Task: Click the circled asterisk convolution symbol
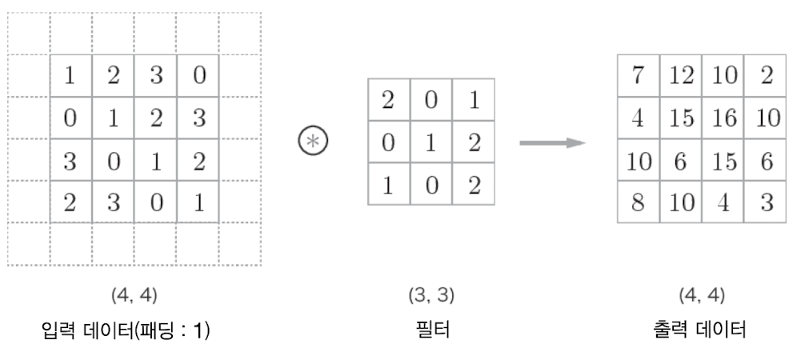point(313,141)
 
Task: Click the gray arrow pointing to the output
point(552,143)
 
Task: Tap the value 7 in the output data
point(638,75)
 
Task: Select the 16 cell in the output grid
point(723,118)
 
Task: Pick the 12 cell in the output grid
point(681,75)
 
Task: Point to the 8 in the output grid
point(638,202)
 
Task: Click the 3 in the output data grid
point(767,202)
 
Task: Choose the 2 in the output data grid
point(767,75)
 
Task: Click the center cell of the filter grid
point(431,142)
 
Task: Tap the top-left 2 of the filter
point(388,100)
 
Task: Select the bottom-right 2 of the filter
point(474,185)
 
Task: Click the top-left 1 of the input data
point(70,75)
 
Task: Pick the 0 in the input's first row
point(199,75)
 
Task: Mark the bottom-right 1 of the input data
point(199,202)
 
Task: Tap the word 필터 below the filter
point(432,330)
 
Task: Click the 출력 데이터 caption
point(699,330)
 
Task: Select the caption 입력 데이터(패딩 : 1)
point(126,330)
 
